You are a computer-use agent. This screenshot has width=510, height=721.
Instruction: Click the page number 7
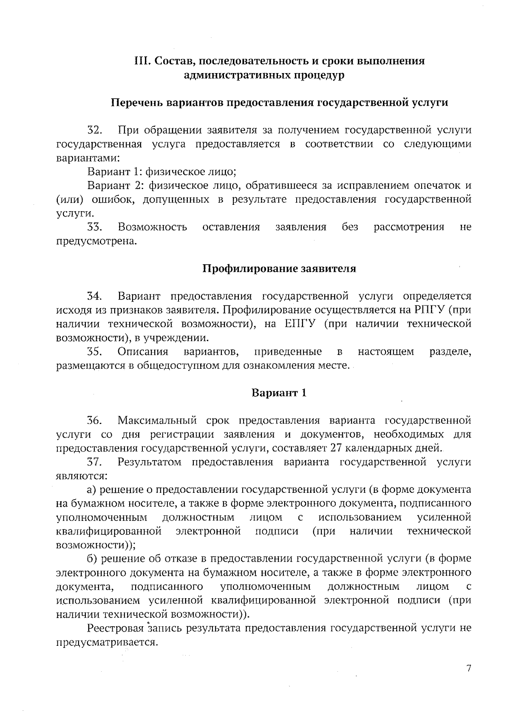pyautogui.click(x=469, y=668)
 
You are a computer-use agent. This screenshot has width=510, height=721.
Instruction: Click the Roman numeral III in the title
pyautogui.click(x=141, y=61)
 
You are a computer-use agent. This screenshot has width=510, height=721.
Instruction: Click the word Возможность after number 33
pyautogui.click(x=153, y=227)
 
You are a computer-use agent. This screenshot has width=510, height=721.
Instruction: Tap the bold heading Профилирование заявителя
pyautogui.click(x=279, y=269)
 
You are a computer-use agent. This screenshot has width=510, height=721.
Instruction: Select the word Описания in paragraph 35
pyautogui.click(x=143, y=352)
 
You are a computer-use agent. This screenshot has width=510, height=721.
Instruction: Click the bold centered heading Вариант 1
pyautogui.click(x=279, y=393)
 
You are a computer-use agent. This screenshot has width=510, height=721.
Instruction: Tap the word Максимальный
pyautogui.click(x=157, y=421)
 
